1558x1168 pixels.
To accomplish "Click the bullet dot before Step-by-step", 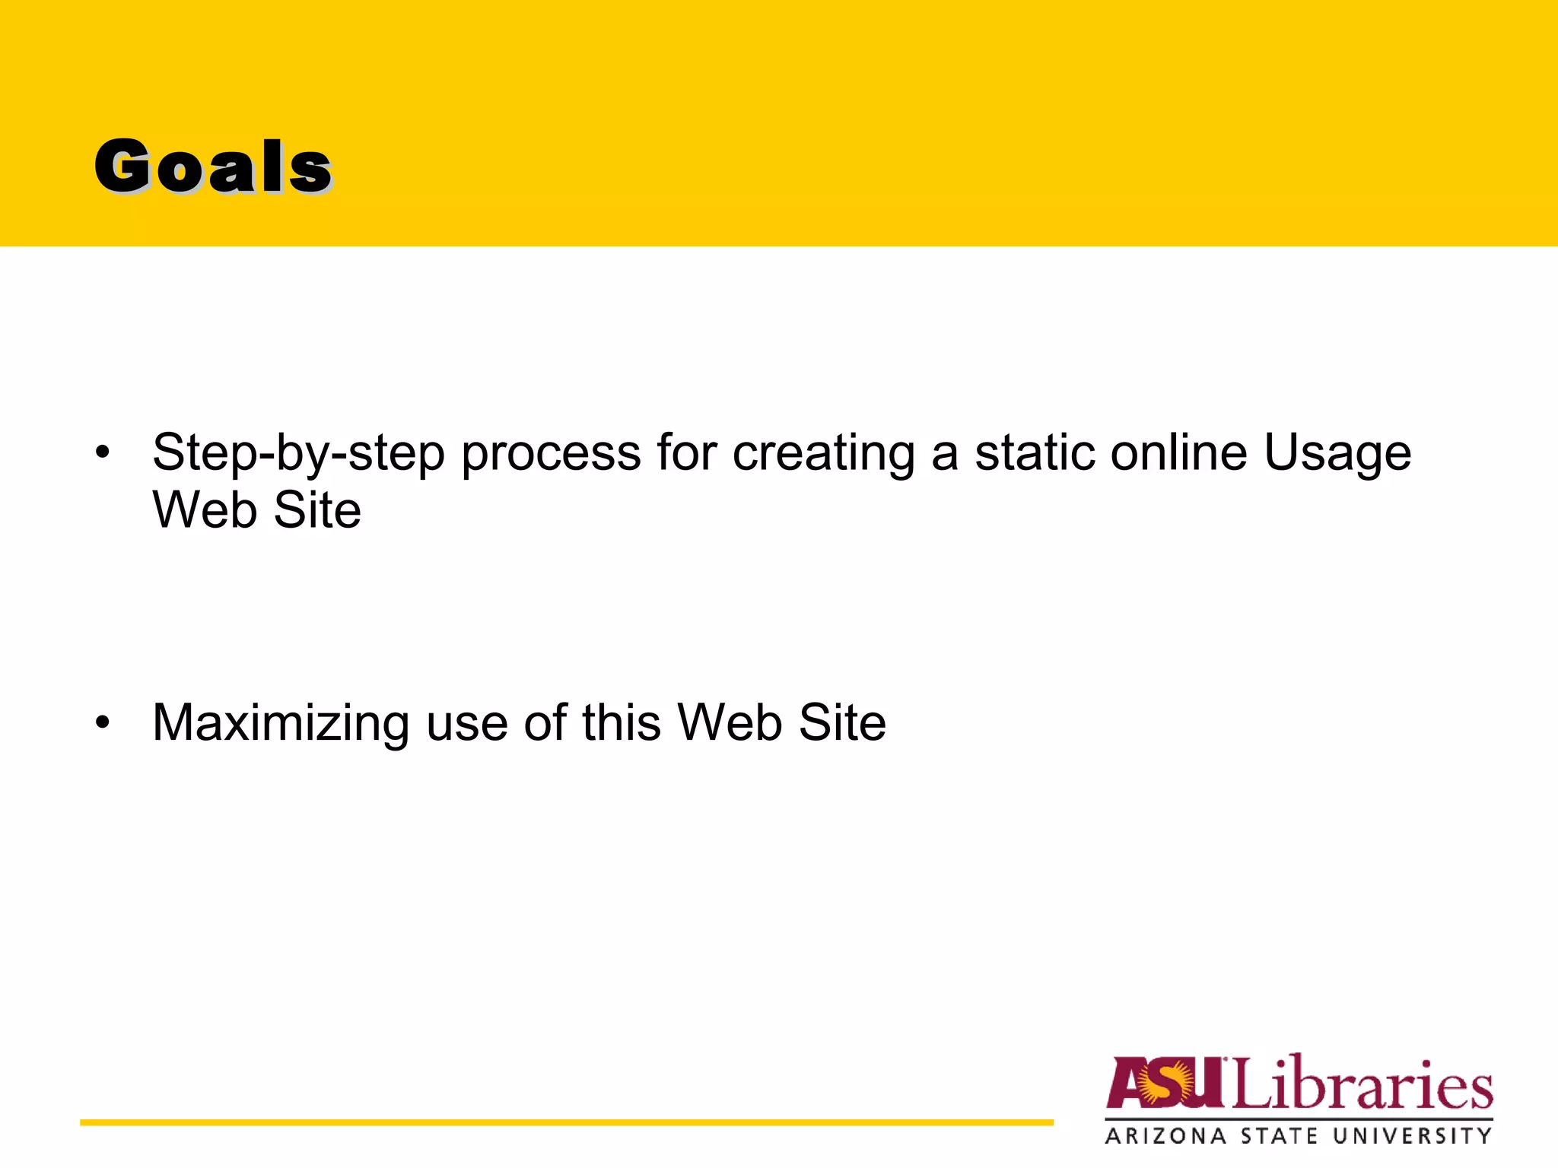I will (x=103, y=453).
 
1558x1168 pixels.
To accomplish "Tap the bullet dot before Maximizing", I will (x=103, y=722).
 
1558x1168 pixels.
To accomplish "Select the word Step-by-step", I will (x=298, y=453).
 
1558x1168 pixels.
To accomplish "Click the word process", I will (x=551, y=453).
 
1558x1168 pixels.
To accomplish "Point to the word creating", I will (x=823, y=453).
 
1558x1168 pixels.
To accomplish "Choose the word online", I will (x=1178, y=453).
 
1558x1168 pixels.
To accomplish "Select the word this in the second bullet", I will (x=621, y=722).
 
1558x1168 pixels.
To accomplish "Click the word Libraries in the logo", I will (x=1362, y=1083).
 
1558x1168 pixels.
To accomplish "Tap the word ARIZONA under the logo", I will (x=1165, y=1137).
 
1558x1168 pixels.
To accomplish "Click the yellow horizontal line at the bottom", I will (x=566, y=1122).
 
